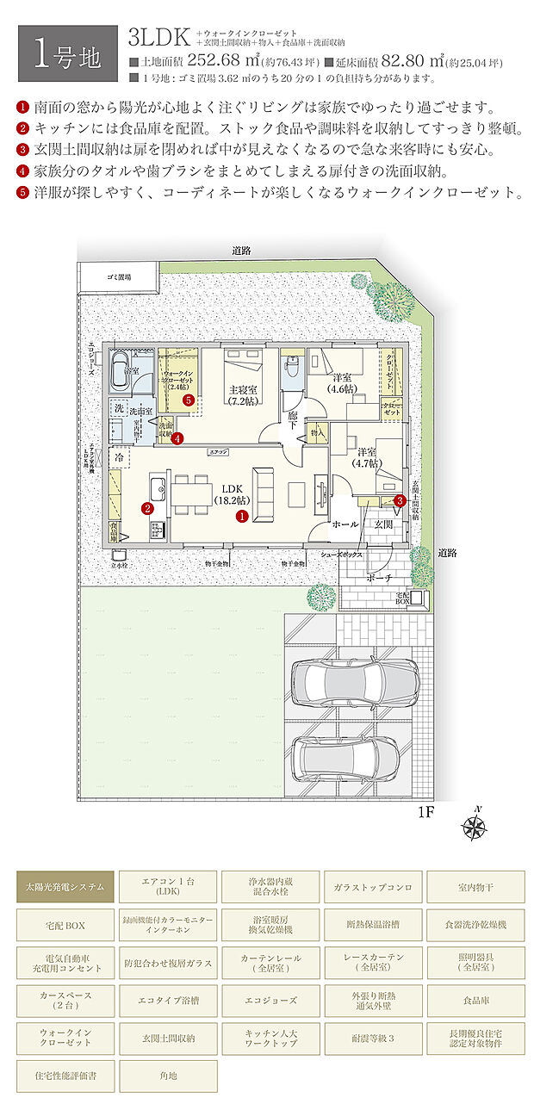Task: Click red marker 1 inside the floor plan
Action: coord(243,517)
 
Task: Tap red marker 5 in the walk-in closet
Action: coord(188,400)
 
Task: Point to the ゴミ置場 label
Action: coord(119,277)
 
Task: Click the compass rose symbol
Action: coord(473,827)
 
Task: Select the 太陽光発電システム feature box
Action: coord(65,886)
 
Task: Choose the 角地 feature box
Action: coord(169,1076)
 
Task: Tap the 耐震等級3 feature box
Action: coord(373,1038)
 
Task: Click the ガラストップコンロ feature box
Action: coord(373,886)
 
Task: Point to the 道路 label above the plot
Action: coord(241,251)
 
